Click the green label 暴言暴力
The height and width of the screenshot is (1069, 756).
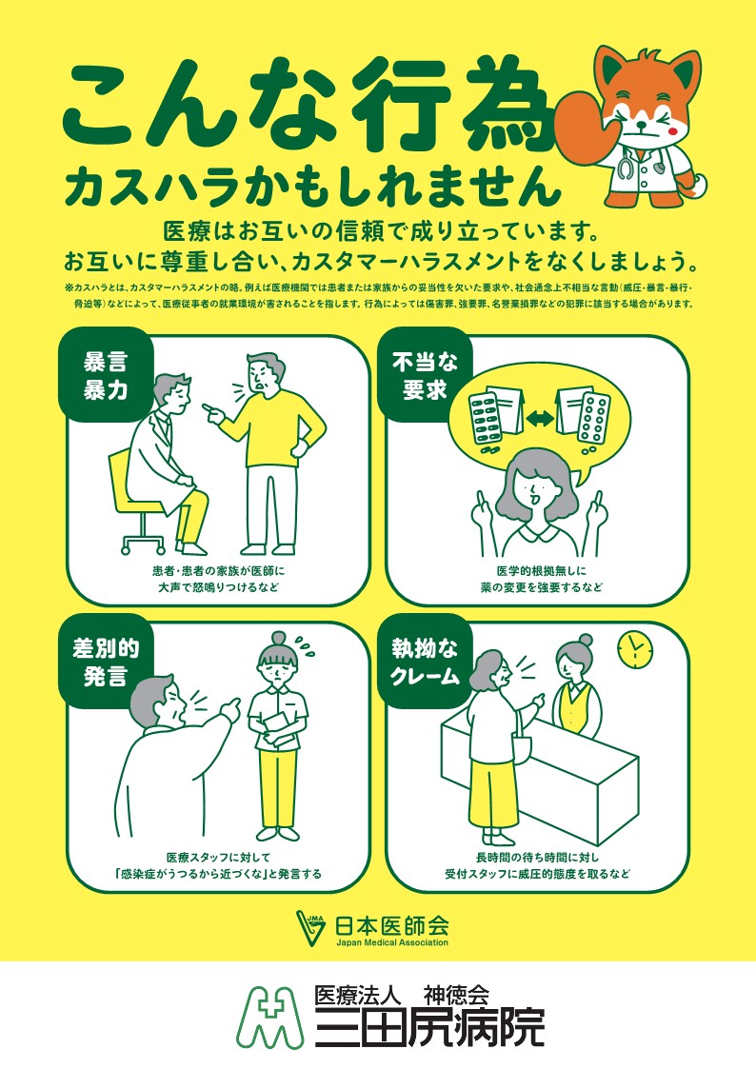click(106, 376)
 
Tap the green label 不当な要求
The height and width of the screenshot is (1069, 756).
click(425, 376)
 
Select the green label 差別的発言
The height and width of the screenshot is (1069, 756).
click(106, 662)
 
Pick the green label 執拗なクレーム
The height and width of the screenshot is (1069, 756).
click(425, 662)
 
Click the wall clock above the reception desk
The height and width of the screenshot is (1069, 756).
click(635, 648)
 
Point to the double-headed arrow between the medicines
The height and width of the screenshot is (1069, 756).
click(539, 419)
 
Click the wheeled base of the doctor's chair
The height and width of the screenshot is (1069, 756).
click(144, 540)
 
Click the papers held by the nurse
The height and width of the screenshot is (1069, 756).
click(277, 728)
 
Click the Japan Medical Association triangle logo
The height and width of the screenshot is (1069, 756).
click(312, 928)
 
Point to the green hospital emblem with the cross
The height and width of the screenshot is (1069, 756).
click(270, 1017)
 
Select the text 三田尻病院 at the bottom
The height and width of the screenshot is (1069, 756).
click(430, 1027)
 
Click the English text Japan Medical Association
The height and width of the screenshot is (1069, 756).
click(392, 943)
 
